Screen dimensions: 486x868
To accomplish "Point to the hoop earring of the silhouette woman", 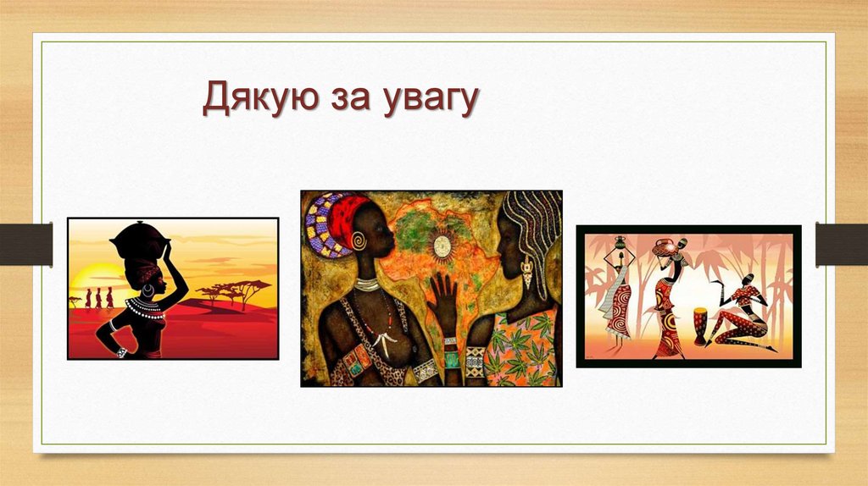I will (x=150, y=290).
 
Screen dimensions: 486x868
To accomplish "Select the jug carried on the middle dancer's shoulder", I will (x=665, y=247).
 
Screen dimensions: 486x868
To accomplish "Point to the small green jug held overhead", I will (x=619, y=243).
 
